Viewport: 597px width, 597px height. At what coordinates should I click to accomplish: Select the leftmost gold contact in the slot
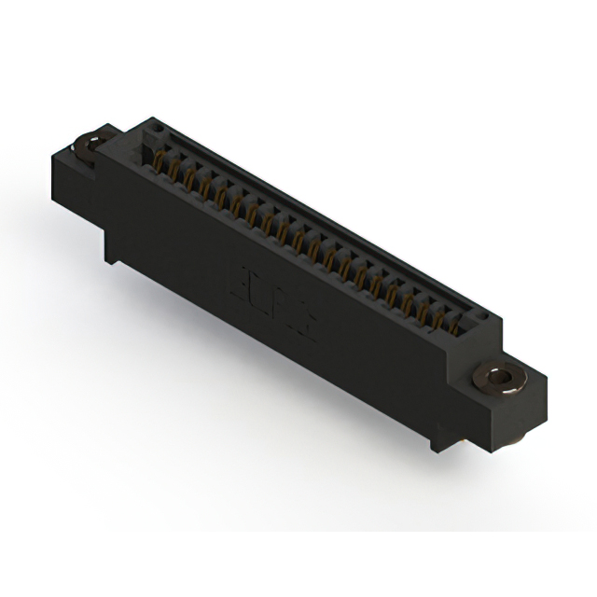click(x=159, y=163)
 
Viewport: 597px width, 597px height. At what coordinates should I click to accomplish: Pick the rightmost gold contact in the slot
click(x=455, y=327)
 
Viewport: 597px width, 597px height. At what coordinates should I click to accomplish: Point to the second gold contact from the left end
click(x=174, y=170)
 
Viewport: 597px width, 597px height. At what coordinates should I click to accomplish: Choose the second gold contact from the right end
click(x=439, y=320)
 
